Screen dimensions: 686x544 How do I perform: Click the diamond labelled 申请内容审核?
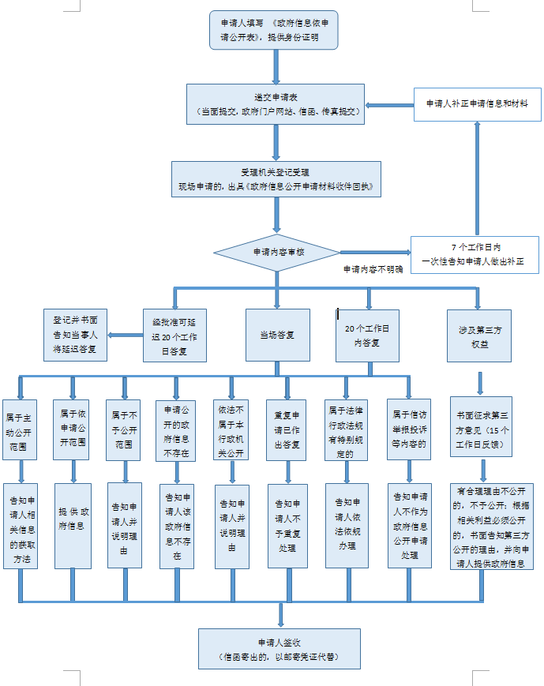click(x=277, y=253)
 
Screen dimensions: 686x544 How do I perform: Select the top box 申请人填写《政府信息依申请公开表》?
click(x=276, y=30)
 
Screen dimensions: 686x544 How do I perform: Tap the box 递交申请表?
click(x=276, y=104)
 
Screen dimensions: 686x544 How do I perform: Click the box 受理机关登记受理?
click(x=276, y=179)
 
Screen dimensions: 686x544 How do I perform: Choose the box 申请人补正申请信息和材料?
click(x=477, y=103)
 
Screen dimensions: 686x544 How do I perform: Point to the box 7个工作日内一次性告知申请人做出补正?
click(x=474, y=254)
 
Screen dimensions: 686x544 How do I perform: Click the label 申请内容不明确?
click(x=373, y=269)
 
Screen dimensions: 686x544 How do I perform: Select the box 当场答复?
click(x=276, y=335)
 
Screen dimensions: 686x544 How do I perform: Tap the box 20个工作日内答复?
click(x=367, y=335)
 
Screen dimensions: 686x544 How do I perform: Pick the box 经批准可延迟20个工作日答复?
click(x=175, y=335)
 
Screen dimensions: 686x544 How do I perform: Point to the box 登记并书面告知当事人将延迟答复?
click(x=75, y=334)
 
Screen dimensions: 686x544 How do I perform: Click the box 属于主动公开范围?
click(x=21, y=430)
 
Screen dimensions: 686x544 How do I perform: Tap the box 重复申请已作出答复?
click(x=286, y=430)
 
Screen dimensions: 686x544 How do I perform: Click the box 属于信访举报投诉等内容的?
click(x=409, y=430)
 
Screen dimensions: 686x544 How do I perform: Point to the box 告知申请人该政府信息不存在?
click(x=176, y=525)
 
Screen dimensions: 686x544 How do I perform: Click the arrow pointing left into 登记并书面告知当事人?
click(x=116, y=335)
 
